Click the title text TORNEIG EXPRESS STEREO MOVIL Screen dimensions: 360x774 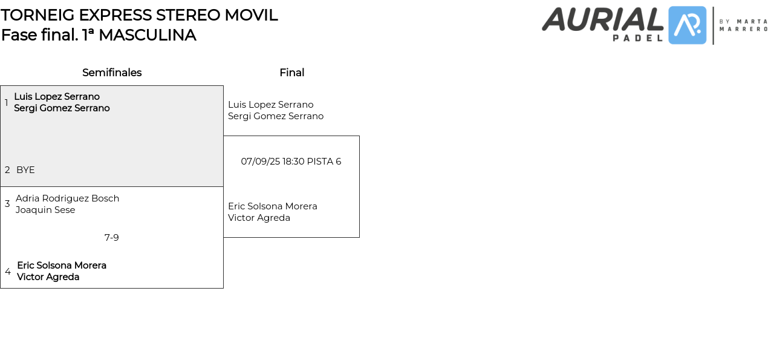(139, 15)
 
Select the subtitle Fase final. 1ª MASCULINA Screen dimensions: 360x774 (99, 35)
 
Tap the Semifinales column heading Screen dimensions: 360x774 (112, 73)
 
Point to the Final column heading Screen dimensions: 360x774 (291, 73)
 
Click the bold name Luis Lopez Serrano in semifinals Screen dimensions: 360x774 (57, 97)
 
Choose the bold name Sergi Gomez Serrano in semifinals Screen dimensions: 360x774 (62, 108)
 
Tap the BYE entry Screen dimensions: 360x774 (25, 170)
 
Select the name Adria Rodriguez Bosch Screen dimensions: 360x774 (68, 198)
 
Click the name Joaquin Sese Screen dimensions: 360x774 (45, 210)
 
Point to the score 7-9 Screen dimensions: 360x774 (112, 238)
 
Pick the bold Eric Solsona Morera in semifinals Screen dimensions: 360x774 (62, 266)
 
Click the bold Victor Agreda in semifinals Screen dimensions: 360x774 (48, 277)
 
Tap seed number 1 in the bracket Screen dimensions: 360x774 (7, 103)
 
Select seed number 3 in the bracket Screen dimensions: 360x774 (7, 204)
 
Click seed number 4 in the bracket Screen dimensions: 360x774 (8, 272)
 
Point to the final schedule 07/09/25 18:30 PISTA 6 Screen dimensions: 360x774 (291, 162)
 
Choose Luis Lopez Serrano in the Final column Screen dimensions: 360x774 (271, 105)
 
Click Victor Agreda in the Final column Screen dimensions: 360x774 (259, 218)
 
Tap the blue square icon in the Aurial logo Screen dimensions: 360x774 (687, 25)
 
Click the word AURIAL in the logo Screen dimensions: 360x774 (602, 19)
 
